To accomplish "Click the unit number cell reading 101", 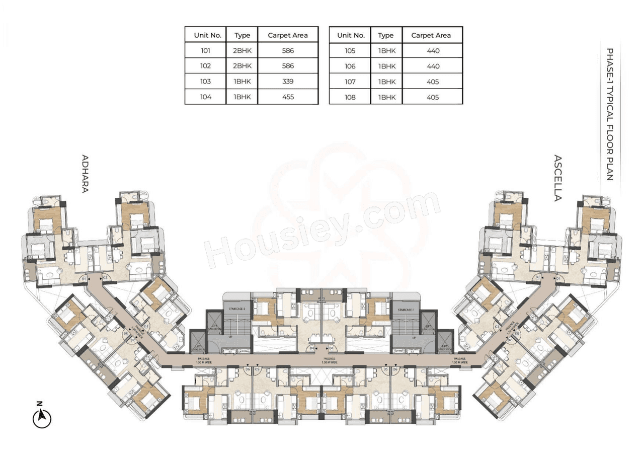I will (x=205, y=50).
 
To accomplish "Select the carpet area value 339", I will (x=288, y=81).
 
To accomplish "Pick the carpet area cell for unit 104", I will (x=288, y=97).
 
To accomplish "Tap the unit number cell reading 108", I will (x=350, y=97).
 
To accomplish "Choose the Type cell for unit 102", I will (x=242, y=65).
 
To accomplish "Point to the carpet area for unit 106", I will (x=433, y=66).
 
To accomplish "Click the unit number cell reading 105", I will (x=350, y=50).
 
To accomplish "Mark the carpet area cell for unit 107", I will (x=433, y=82).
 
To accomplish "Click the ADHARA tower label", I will (x=85, y=174).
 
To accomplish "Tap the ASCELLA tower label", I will (x=557, y=178).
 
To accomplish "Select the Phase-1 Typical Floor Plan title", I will (x=609, y=114).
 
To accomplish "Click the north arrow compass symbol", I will (x=42, y=417).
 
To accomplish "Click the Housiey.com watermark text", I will (x=322, y=232).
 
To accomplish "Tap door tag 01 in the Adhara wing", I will (x=85, y=278).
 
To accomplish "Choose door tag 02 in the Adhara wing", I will (x=106, y=278).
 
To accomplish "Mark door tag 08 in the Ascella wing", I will (x=517, y=334).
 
